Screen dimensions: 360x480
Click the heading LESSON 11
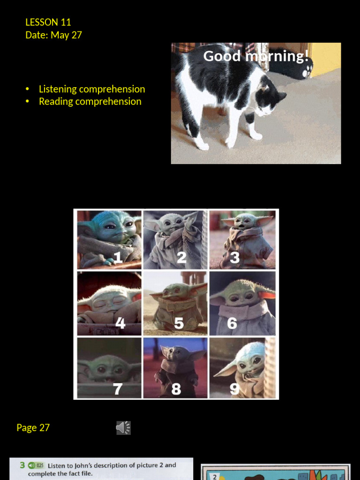pyautogui.click(x=48, y=22)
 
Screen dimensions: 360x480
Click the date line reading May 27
pyautogui.click(x=53, y=35)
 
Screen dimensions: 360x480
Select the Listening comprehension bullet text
pyautogui.click(x=92, y=89)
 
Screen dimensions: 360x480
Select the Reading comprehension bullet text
pyautogui.click(x=90, y=102)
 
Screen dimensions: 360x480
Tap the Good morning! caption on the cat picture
pyautogui.click(x=255, y=56)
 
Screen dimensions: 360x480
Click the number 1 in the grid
pyautogui.click(x=118, y=257)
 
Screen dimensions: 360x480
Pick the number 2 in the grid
pyautogui.click(x=181, y=257)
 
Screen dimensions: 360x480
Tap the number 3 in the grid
pyautogui.click(x=234, y=257)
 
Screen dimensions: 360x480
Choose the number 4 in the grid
pyautogui.click(x=120, y=323)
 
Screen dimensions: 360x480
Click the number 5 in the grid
pyautogui.click(x=179, y=323)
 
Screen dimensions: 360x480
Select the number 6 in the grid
pyautogui.click(x=232, y=323)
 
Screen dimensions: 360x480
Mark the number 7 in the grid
pyautogui.click(x=118, y=389)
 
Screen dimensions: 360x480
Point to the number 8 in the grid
pyautogui.click(x=176, y=389)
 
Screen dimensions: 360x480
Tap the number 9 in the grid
pyautogui.click(x=234, y=389)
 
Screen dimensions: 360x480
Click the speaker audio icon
pyautogui.click(x=123, y=427)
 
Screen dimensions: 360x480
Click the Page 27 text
pyautogui.click(x=33, y=427)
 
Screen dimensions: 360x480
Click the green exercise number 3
pyautogui.click(x=22, y=465)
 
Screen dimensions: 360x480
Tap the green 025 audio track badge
pyautogui.click(x=36, y=465)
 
